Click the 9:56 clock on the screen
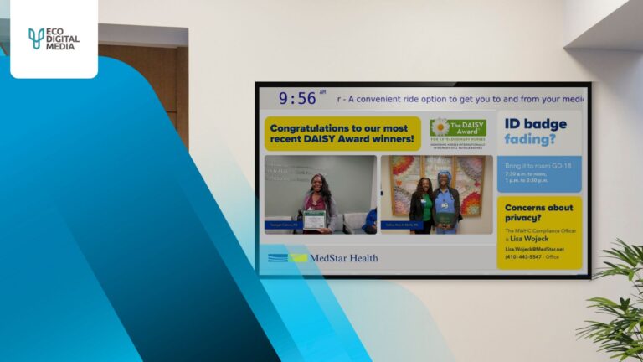[297, 98]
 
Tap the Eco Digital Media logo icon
[36, 38]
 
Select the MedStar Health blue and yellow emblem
[288, 257]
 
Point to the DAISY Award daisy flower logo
[440, 127]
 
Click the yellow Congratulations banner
[342, 133]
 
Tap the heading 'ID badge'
[535, 124]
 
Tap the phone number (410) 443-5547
[524, 256]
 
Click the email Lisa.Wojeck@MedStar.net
[534, 249]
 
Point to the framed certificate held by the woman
[314, 219]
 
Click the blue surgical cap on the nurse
[444, 177]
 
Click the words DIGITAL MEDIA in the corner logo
[62, 42]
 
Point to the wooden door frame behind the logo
[182, 92]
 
